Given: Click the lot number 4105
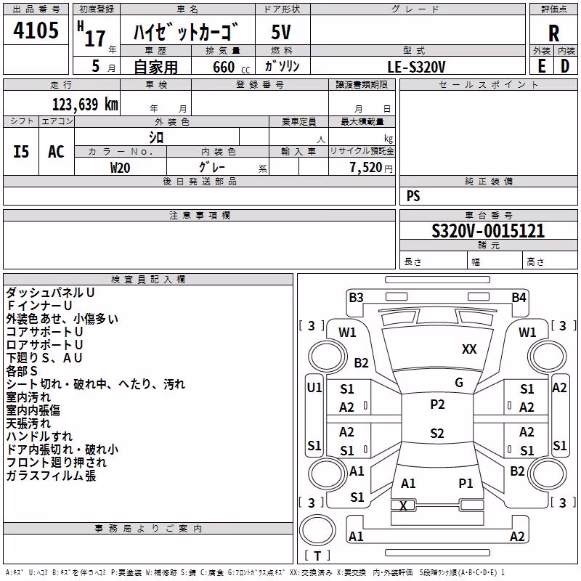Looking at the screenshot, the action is (36, 30).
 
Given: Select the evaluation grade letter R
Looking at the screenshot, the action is (553, 33).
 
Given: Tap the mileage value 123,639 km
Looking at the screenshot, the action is (85, 105).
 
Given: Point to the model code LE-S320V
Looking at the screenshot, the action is (416, 67).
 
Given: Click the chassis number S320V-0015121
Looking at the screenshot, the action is (488, 231).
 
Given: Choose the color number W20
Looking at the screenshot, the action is (120, 168).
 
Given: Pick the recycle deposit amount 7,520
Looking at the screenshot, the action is (366, 168).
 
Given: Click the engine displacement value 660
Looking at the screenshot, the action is (224, 67).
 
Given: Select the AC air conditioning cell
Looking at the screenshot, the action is (57, 152).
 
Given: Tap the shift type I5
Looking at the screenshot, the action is (21, 152).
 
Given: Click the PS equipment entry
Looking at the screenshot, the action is (413, 195).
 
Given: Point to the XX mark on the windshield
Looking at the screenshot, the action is (469, 349).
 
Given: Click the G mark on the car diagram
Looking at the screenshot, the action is (459, 383).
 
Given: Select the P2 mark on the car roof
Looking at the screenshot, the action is (437, 405).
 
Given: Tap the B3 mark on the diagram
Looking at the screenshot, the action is (356, 298).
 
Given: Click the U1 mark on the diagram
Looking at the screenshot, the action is (314, 388).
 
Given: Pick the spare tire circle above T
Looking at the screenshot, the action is (317, 530).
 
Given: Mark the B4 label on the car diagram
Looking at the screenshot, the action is (519, 298).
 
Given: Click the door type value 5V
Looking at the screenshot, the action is (281, 32).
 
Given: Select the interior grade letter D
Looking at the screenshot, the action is (565, 66).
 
